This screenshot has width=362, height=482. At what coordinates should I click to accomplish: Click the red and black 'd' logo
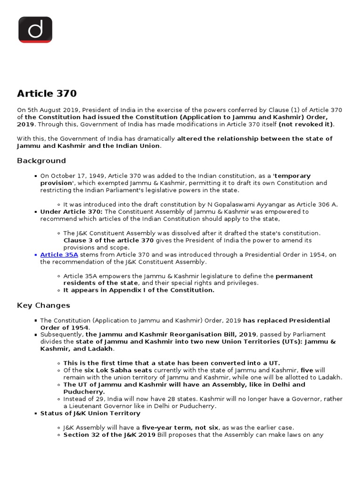pyautogui.click(x=35, y=30)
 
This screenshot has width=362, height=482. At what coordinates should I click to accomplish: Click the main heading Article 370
pyautogui.click(x=47, y=93)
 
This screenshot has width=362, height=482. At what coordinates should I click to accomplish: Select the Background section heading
pyautogui.click(x=41, y=161)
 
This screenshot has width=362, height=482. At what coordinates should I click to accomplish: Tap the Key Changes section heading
pyautogui.click(x=43, y=305)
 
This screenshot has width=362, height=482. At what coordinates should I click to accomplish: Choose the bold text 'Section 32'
pyautogui.click(x=81, y=434)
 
